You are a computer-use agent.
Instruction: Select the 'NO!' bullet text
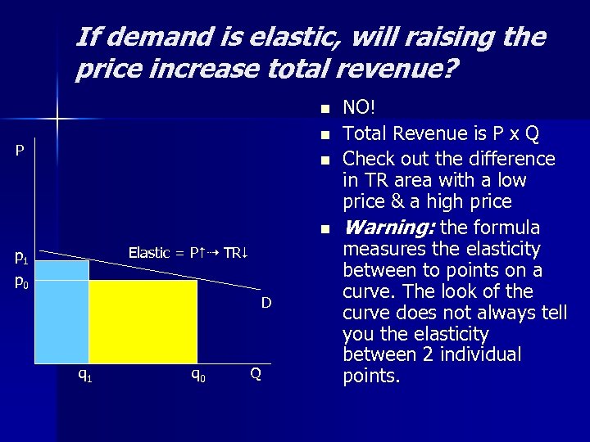pyautogui.click(x=360, y=106)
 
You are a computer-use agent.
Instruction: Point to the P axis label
pyautogui.click(x=20, y=151)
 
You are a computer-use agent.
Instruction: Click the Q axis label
pyautogui.click(x=256, y=374)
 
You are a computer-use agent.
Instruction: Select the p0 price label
pyautogui.click(x=22, y=282)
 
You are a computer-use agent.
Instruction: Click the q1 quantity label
pyautogui.click(x=84, y=375)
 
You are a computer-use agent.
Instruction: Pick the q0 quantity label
pyautogui.click(x=197, y=375)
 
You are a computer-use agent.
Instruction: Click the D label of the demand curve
pyautogui.click(x=266, y=304)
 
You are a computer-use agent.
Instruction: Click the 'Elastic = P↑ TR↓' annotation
pyautogui.click(x=188, y=253)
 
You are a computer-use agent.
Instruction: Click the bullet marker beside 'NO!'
pyautogui.click(x=324, y=108)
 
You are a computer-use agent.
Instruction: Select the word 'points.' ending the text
pyautogui.click(x=371, y=377)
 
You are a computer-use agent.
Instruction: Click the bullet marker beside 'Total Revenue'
pyautogui.click(x=324, y=134)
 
